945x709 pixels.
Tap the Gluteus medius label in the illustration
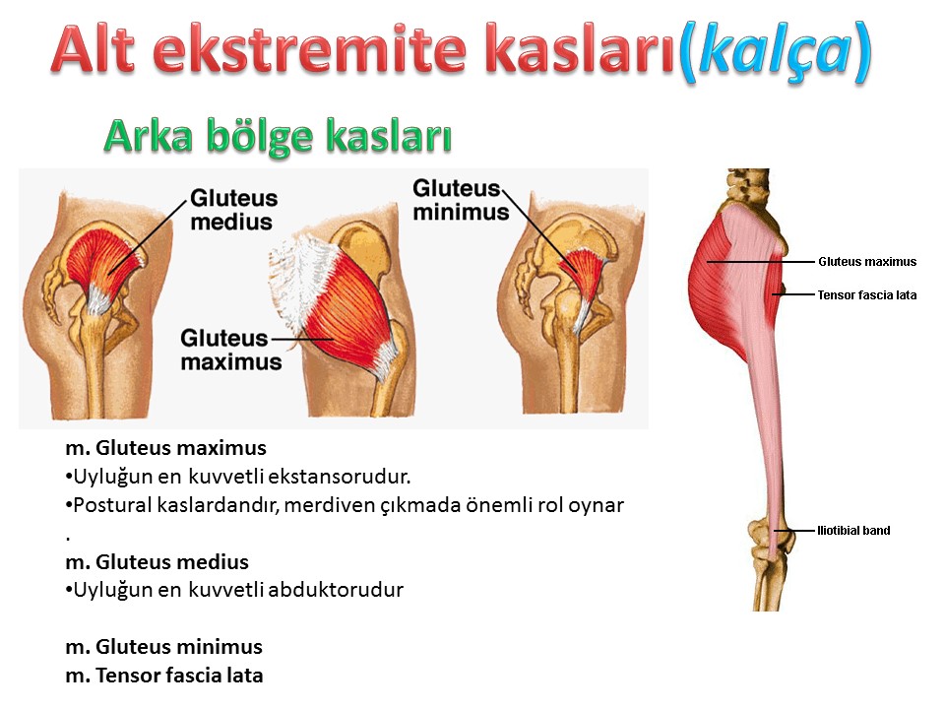pos(234,210)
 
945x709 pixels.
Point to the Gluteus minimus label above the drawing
pos(461,200)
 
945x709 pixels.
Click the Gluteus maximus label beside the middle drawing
pos(230,350)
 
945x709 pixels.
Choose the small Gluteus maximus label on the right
pos(867,262)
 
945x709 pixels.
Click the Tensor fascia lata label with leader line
pos(866,294)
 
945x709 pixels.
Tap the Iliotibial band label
pos(853,531)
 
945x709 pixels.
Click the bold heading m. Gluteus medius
pos(157,562)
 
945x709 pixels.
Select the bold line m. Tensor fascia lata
pos(164,676)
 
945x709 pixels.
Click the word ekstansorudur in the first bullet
pos(340,477)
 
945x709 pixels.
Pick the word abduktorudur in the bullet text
pos(336,590)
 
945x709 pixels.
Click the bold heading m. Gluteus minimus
pos(164,647)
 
